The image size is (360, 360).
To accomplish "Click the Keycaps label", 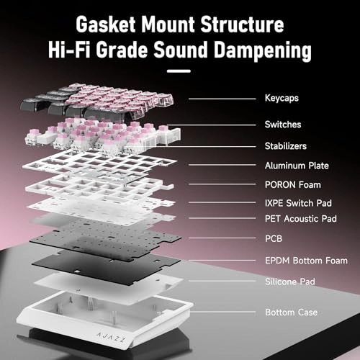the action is tap(282, 99).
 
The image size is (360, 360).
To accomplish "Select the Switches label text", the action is tap(283, 125).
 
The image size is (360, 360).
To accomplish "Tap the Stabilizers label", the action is tap(286, 146).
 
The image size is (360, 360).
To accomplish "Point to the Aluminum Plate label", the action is tap(297, 166).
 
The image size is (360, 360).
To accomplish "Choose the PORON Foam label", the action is tap(293, 185).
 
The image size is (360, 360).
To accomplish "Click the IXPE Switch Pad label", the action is tap(298, 203).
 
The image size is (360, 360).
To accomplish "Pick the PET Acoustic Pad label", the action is tap(301, 219).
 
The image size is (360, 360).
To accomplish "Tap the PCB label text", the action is tap(274, 238).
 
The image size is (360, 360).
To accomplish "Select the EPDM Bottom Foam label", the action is tap(306, 261).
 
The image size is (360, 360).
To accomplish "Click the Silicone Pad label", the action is tap(290, 282).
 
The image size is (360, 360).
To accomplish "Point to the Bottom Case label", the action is tap(291, 312).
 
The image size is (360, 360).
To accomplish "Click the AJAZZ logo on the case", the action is tap(111, 337).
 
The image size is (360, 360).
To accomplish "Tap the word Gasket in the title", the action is tap(106, 24).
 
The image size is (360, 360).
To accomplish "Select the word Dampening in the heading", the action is tap(263, 50).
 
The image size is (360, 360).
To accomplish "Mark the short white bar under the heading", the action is tap(179, 71).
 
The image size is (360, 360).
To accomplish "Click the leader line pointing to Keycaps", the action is tap(222, 99).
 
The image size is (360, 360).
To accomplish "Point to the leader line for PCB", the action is tap(222, 238).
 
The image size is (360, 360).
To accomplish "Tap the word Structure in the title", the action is tap(242, 24).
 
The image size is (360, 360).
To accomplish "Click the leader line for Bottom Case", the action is tap(222, 312).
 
